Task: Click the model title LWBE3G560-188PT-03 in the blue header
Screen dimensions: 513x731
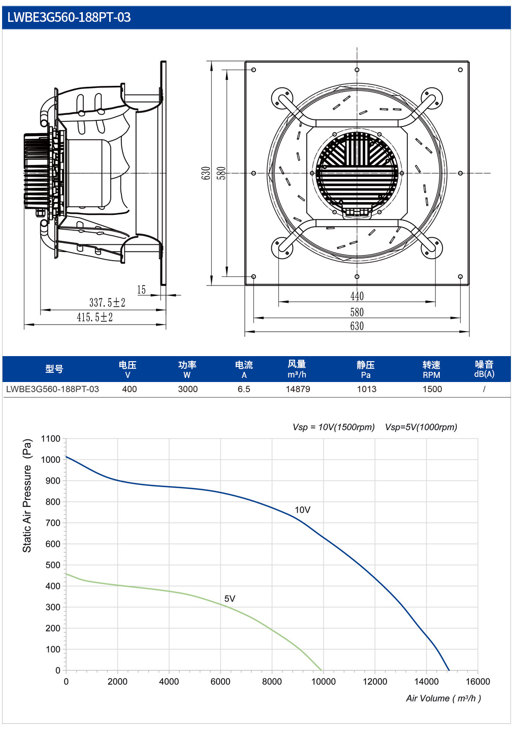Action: click(x=69, y=17)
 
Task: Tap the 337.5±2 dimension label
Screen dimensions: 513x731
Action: click(x=107, y=303)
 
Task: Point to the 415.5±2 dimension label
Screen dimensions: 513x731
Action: click(x=94, y=317)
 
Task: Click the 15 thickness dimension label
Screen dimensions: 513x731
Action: click(x=141, y=290)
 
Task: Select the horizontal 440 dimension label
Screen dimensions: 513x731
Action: click(x=357, y=296)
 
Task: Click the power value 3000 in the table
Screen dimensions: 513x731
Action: click(x=187, y=389)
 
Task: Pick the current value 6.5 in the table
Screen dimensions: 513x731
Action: click(x=244, y=389)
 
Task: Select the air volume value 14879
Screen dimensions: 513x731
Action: click(x=298, y=389)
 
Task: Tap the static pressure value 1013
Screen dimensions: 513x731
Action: click(x=367, y=389)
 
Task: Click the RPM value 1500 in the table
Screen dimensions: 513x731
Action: click(x=432, y=389)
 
